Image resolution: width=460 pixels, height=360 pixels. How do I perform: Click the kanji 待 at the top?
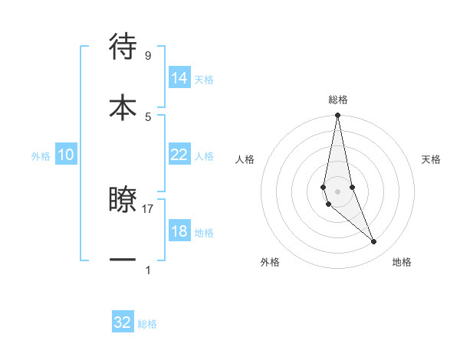click(123, 47)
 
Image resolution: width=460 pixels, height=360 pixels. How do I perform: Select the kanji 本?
click(123, 106)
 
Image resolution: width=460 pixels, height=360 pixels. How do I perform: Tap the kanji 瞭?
click(123, 200)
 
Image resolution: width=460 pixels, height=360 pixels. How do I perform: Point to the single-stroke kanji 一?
click(123, 260)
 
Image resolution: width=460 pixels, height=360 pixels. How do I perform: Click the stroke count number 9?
click(147, 56)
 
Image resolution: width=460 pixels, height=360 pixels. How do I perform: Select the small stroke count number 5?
click(148, 116)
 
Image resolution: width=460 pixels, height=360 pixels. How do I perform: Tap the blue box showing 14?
click(179, 78)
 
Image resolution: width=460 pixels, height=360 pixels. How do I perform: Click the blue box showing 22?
click(179, 155)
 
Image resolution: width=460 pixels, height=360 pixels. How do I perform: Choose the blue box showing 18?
click(179, 231)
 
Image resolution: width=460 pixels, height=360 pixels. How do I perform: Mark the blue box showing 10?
click(66, 155)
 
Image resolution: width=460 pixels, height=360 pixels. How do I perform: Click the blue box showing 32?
click(123, 322)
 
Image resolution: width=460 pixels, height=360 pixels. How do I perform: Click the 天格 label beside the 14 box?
click(204, 80)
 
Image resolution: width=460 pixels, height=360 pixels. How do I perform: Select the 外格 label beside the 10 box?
click(41, 156)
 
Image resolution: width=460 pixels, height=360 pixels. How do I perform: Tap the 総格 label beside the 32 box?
click(147, 324)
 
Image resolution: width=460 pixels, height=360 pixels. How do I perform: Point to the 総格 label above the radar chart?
click(338, 100)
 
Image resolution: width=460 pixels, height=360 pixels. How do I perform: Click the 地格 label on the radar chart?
click(402, 262)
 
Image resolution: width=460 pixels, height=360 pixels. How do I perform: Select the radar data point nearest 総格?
click(337, 116)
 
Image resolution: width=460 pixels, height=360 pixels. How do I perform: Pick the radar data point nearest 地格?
click(374, 242)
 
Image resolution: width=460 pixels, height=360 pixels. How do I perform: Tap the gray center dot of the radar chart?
click(337, 191)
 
